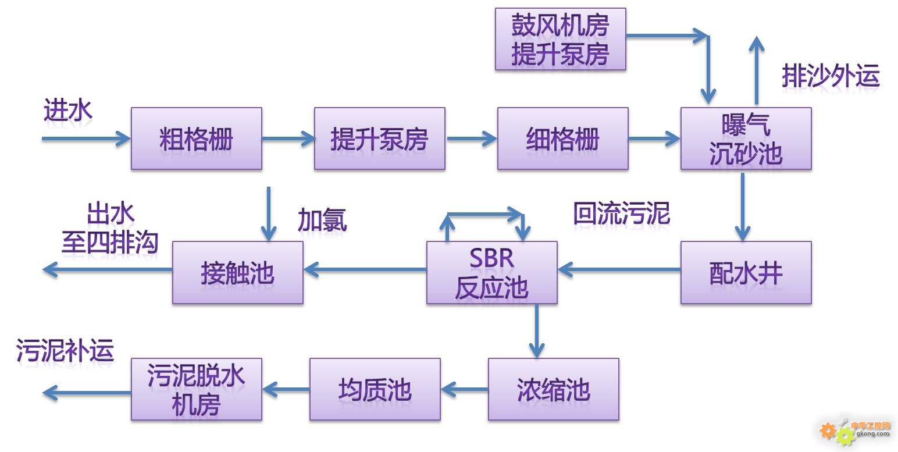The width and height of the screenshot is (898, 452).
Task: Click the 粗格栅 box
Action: click(196, 138)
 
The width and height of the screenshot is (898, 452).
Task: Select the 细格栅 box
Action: click(562, 138)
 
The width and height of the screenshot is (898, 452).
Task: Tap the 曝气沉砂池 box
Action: click(746, 138)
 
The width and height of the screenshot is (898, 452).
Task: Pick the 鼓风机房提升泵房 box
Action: click(560, 39)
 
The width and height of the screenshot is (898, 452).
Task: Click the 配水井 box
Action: click(746, 272)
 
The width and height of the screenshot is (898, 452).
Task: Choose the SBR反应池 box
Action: click(491, 272)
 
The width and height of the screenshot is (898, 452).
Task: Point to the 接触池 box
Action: click(237, 272)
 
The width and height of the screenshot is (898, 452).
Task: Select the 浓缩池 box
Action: click(553, 389)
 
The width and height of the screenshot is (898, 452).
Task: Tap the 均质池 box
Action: click(375, 389)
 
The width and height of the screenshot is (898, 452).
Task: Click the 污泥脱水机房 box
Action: click(196, 389)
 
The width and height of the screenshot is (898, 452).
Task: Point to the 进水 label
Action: click(67, 110)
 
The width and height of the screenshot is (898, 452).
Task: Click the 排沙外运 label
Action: click(830, 76)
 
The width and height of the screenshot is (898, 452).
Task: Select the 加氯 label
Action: click(322, 220)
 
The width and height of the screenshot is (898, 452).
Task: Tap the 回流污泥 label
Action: click(621, 213)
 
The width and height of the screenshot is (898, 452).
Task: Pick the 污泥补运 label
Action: click(65, 351)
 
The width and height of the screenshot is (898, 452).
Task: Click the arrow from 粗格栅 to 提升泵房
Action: click(288, 138)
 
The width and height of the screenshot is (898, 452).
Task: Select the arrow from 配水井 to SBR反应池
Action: click(619, 269)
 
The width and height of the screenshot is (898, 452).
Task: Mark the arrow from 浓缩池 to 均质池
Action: click(464, 389)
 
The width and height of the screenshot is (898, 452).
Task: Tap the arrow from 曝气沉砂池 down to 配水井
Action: click(743, 207)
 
